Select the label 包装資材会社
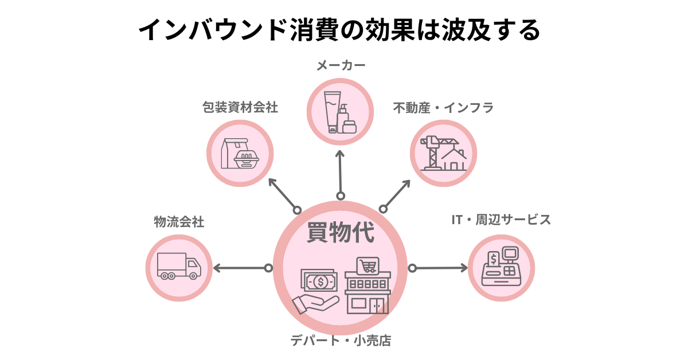pyautogui.click(x=240, y=107)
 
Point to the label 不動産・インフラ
pyautogui.click(x=443, y=107)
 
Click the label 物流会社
pyautogui.click(x=179, y=222)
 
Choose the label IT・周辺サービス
pyautogui.click(x=501, y=220)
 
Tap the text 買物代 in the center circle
pyautogui.click(x=340, y=234)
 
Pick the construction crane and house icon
pyautogui.click(x=443, y=153)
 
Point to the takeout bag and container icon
pyautogui.click(x=240, y=154)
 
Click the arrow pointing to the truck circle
pyautogui.click(x=241, y=268)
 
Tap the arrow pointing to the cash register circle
pyautogui.click(x=439, y=268)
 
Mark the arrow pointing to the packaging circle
pyautogui.click(x=283, y=194)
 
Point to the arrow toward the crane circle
pyautogui.click(x=396, y=194)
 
